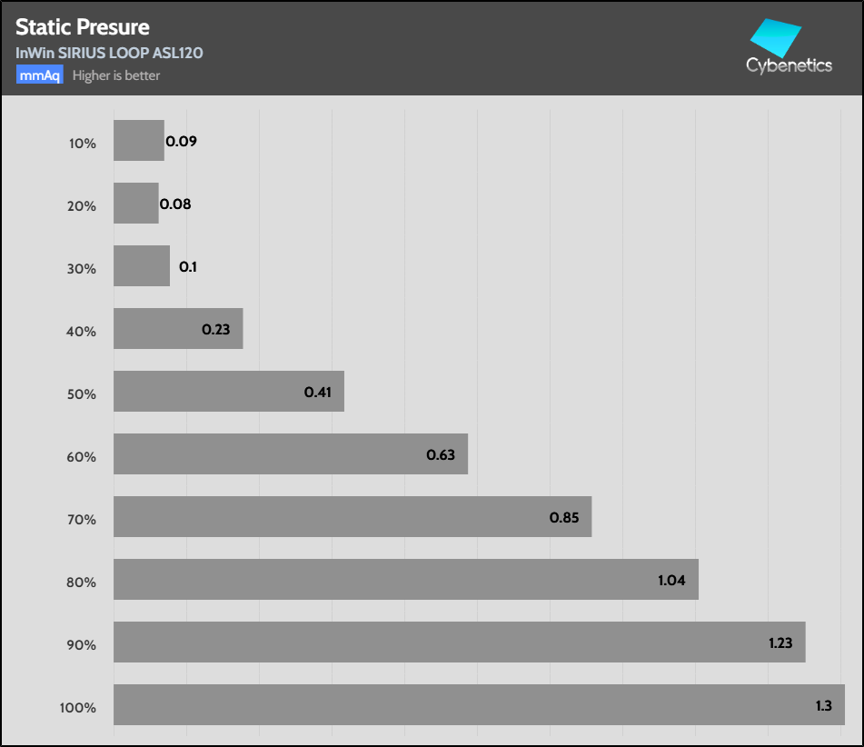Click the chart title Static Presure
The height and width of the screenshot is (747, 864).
83,27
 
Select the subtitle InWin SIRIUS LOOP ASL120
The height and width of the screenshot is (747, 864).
109,53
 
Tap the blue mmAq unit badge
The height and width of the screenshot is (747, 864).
39,75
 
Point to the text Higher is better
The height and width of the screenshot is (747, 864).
116,75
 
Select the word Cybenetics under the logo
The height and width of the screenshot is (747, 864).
789,65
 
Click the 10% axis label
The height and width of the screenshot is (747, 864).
82,143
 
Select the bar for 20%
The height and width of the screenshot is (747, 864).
136,204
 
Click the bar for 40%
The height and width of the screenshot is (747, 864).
178,329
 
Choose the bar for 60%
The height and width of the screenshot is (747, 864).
291,454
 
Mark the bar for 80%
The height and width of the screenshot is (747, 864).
406,580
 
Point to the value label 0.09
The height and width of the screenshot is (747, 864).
181,142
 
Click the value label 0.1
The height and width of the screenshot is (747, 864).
188,267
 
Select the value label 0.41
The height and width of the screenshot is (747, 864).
318,393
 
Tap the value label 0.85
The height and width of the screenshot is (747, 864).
564,518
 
